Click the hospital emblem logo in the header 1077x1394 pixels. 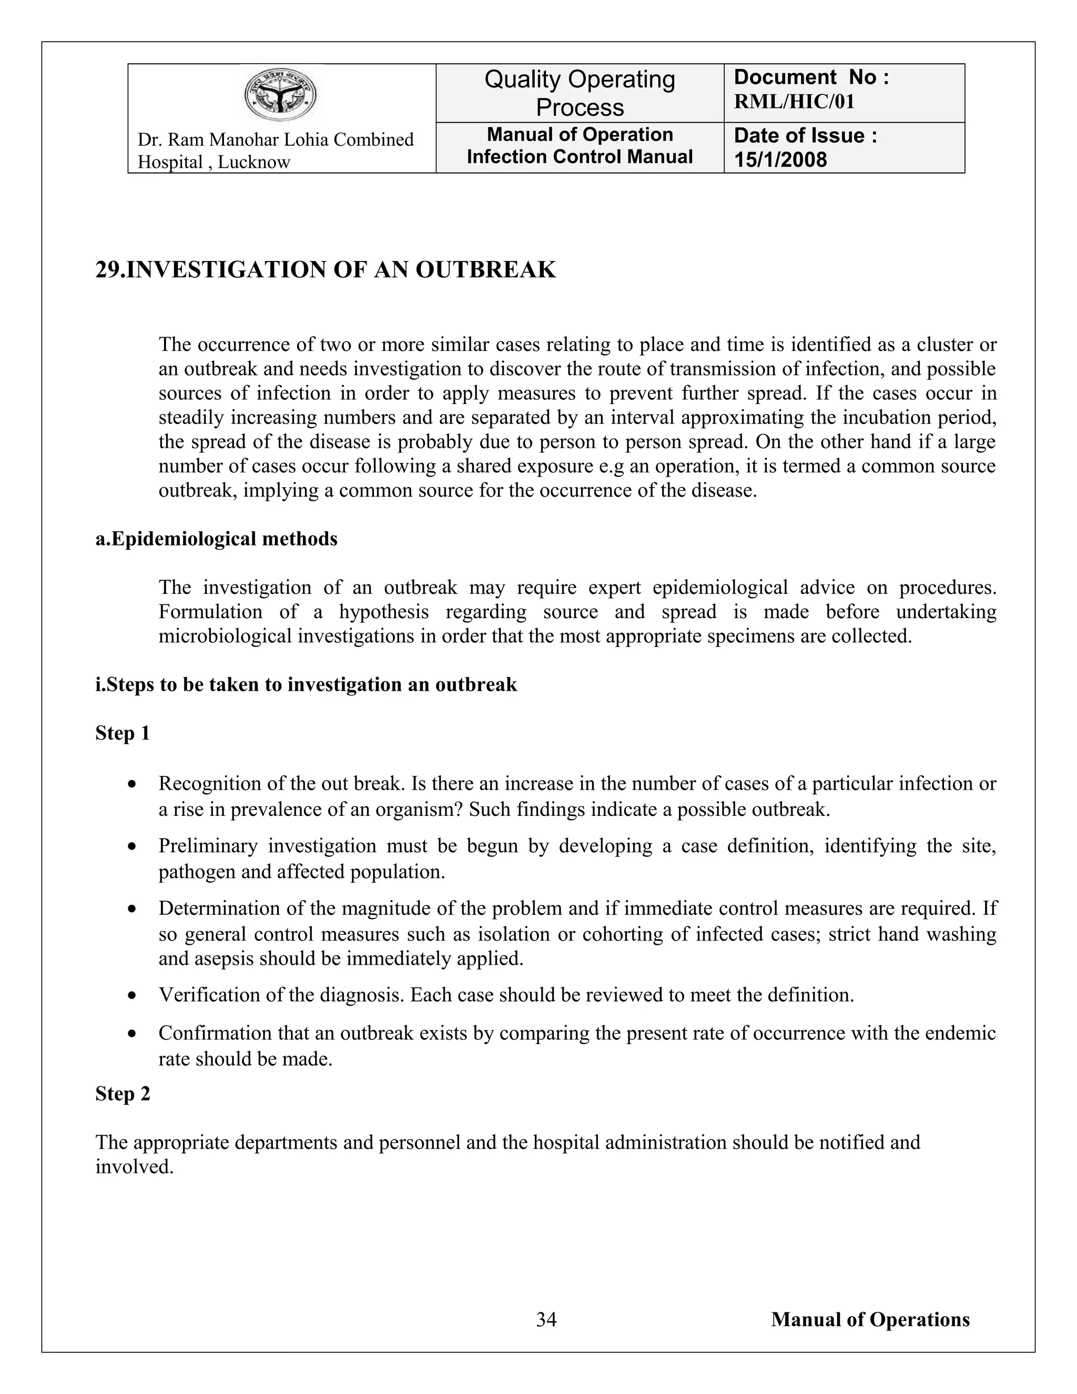coord(281,95)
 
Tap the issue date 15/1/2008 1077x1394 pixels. coord(780,159)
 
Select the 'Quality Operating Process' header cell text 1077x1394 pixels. coord(580,93)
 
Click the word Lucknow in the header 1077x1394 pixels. coord(253,162)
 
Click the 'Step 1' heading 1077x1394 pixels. coord(123,733)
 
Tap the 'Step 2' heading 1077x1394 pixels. coord(123,1094)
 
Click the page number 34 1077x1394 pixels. coord(546,1319)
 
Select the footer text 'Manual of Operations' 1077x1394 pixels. coord(870,1319)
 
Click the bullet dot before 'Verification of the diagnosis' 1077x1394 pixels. coord(132,996)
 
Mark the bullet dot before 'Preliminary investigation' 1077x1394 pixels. coord(132,847)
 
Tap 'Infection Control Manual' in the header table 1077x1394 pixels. coord(580,157)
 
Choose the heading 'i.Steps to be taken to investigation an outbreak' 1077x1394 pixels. coord(306,685)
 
